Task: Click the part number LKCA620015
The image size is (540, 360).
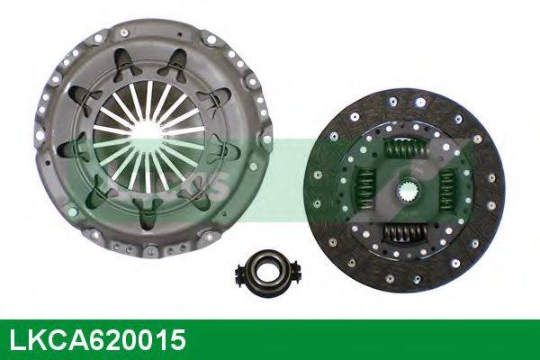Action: [98, 340]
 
